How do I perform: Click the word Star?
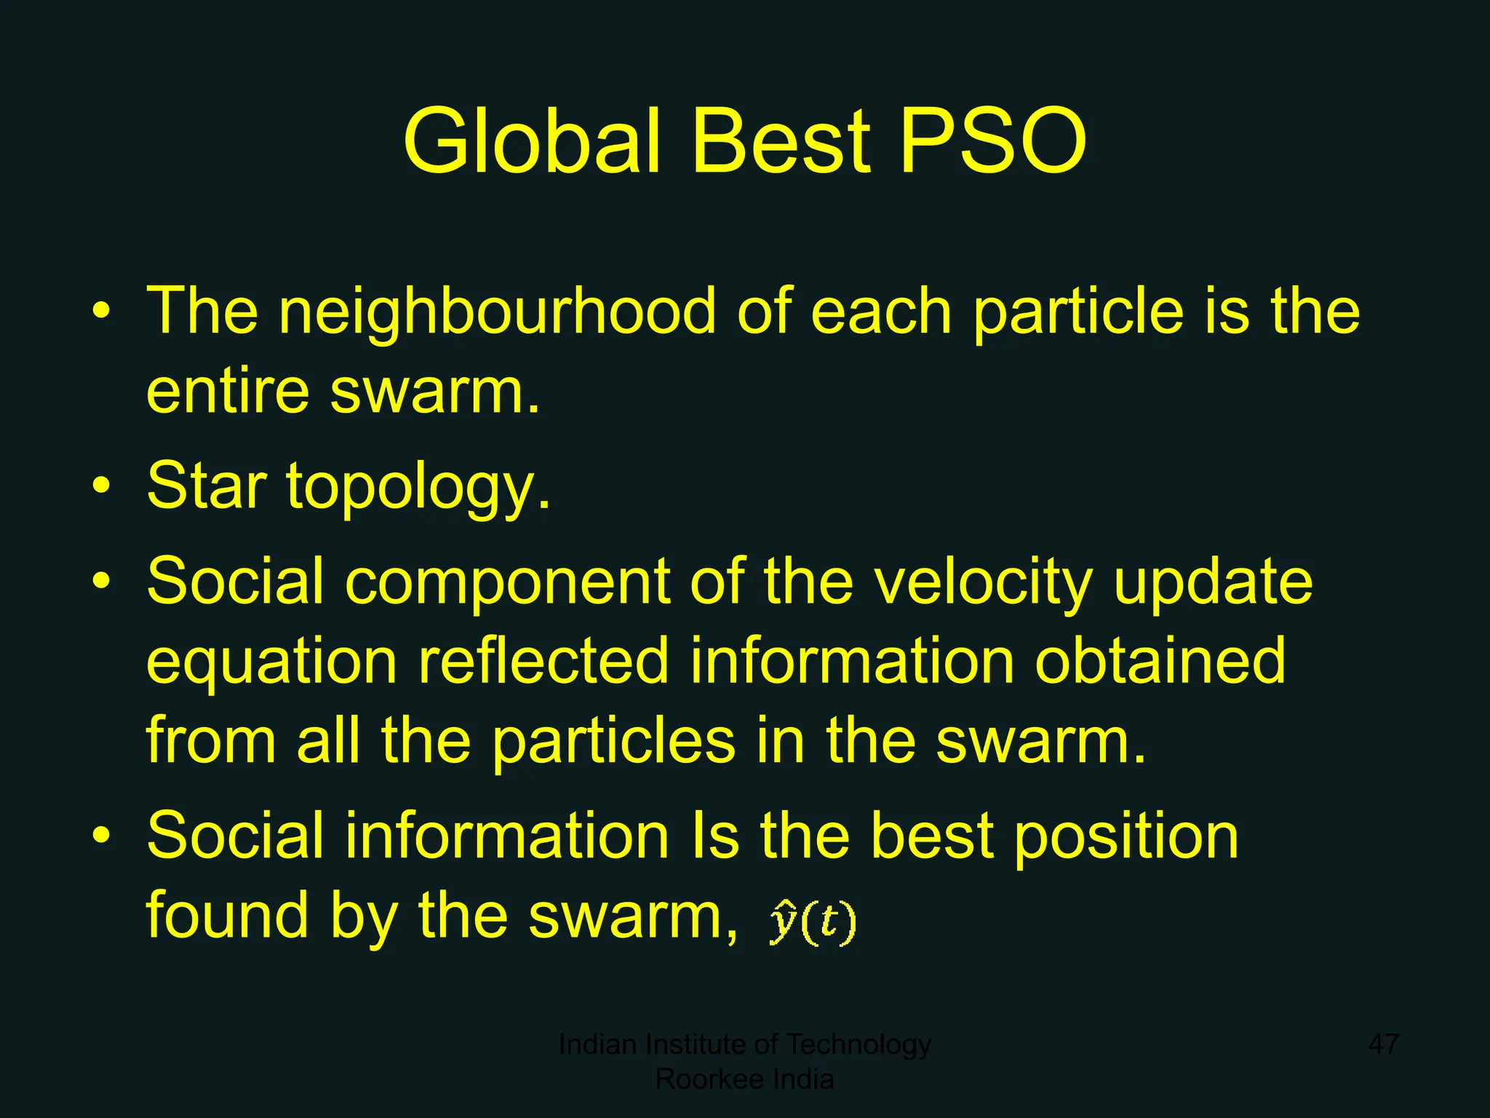coord(207,485)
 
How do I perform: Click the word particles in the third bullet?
coord(614,741)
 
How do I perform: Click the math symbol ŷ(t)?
coord(813,922)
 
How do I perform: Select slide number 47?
coord(1383,1044)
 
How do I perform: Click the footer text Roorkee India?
coord(744,1079)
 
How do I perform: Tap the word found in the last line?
coord(227,915)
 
